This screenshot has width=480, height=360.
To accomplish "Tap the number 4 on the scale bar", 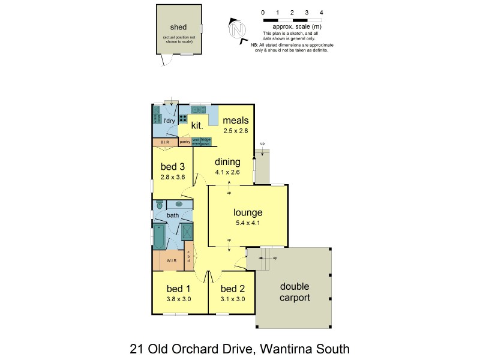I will pyautogui.click(x=322, y=12).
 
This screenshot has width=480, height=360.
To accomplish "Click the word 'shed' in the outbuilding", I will pyautogui.click(x=179, y=26).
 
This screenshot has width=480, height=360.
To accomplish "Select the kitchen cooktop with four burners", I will pyautogui.click(x=183, y=119).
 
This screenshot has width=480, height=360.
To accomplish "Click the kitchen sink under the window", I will pyautogui.click(x=199, y=109).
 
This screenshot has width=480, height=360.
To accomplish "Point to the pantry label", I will pyautogui.click(x=185, y=142).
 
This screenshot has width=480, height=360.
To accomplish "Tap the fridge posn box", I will pyautogui.click(x=205, y=142).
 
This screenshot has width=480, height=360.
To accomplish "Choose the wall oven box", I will pyautogui.click(x=196, y=142).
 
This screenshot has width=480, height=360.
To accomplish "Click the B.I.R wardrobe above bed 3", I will pyautogui.click(x=165, y=142).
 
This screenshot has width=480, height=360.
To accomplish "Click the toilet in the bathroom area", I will pyautogui.click(x=160, y=205).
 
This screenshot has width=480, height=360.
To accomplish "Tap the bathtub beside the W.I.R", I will pyautogui.click(x=160, y=236).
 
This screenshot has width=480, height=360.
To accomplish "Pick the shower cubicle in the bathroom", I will pyautogui.click(x=187, y=231).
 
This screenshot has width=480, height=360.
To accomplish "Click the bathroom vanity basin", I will pyautogui.click(x=179, y=204).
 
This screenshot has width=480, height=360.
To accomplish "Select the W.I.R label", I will pyautogui.click(x=171, y=260).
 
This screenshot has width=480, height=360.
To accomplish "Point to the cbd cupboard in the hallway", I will pyautogui.click(x=188, y=256).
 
